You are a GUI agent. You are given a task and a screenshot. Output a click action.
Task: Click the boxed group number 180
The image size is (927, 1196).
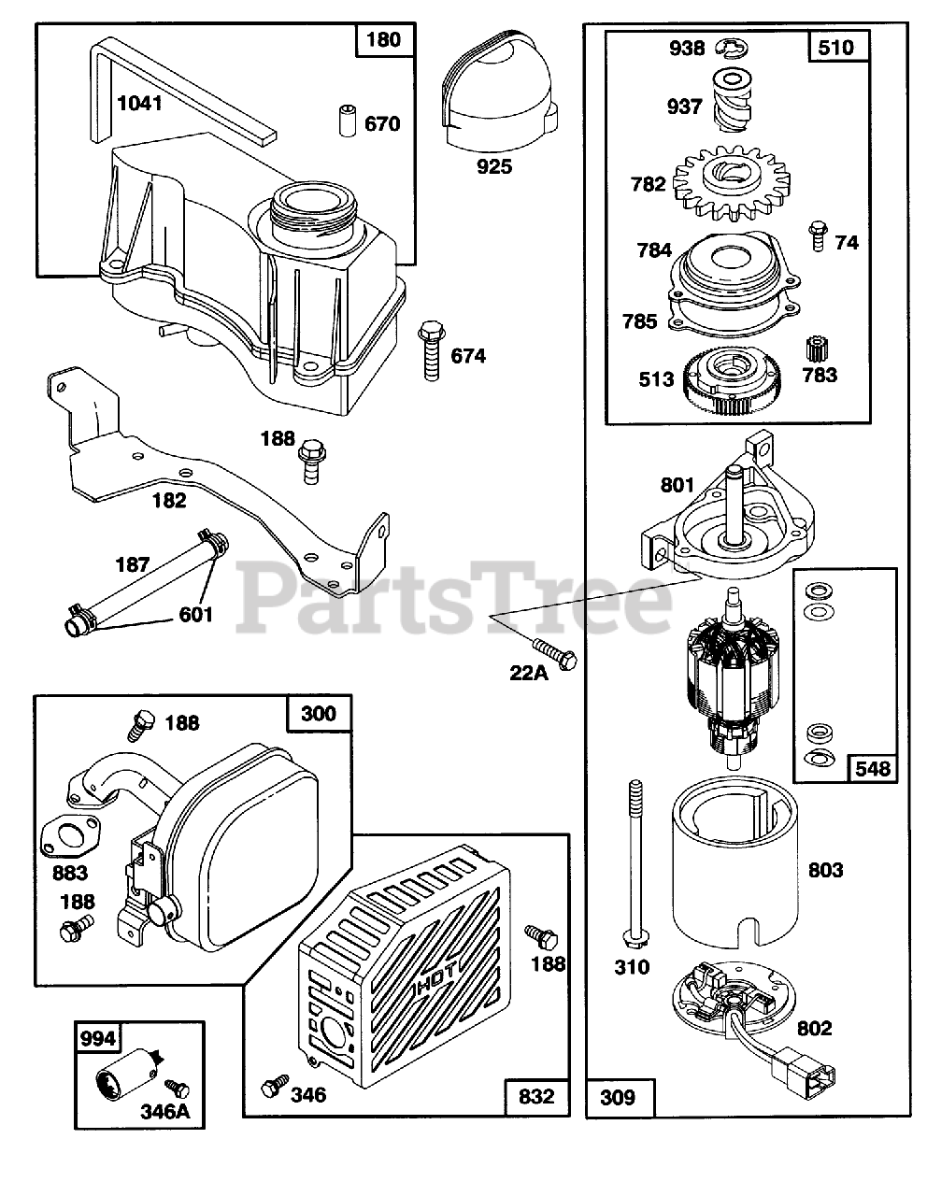(x=383, y=40)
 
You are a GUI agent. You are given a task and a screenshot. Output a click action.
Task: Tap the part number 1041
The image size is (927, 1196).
(x=139, y=102)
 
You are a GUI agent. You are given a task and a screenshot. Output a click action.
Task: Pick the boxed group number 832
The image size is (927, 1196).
(x=536, y=1095)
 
